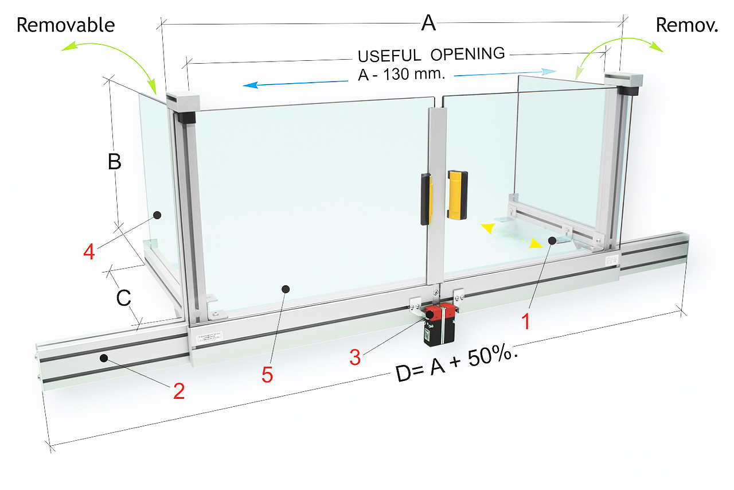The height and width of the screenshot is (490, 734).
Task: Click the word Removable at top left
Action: (65, 25)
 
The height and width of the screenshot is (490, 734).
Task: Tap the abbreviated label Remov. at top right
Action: (686, 25)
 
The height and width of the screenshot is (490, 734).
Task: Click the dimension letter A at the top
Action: (428, 24)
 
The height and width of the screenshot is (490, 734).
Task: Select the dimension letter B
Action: (115, 162)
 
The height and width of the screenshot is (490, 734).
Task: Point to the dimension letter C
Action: (124, 298)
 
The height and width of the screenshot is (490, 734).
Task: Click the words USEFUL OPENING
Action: (431, 55)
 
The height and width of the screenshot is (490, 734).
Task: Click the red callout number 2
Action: (179, 391)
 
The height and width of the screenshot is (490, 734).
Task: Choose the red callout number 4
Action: (89, 251)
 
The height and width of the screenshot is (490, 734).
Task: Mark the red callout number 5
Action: (267, 374)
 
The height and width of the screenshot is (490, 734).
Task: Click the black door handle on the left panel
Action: (425, 199)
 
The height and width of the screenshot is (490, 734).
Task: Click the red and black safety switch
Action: (439, 324)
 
